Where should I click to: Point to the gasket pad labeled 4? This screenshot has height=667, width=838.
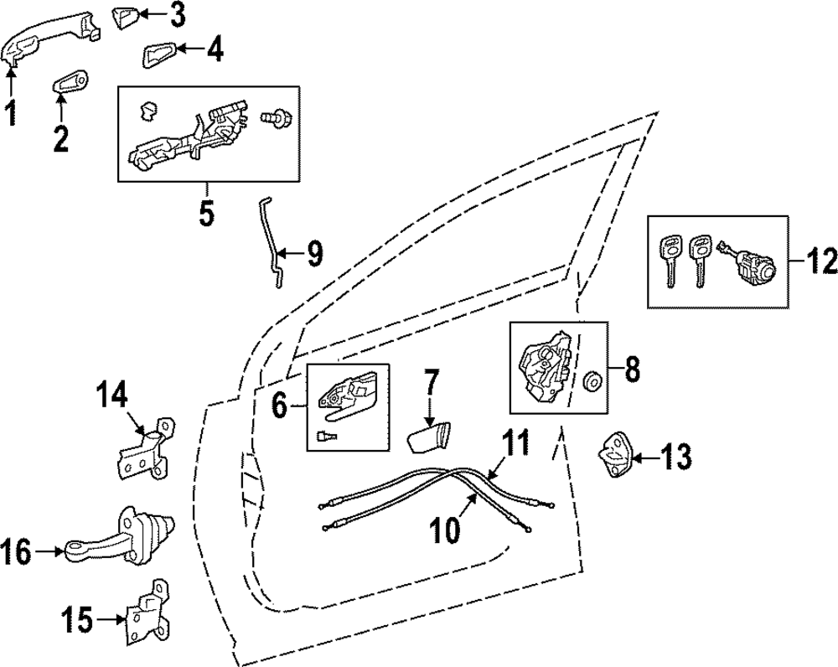160,55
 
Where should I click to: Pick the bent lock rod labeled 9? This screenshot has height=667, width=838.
272,244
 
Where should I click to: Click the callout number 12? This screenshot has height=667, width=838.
818,262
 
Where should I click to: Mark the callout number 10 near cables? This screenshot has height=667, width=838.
445,530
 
